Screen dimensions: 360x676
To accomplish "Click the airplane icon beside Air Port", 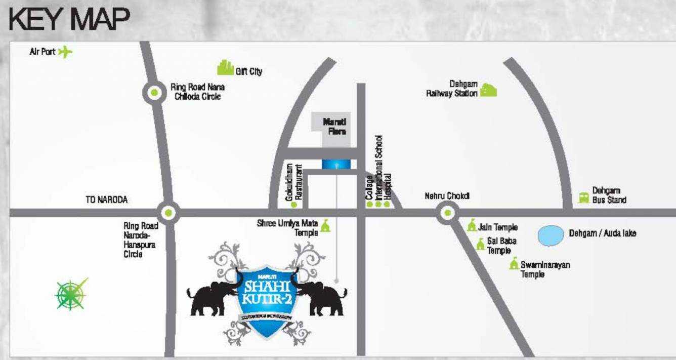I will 65,52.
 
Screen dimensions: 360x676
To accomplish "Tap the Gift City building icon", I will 225,68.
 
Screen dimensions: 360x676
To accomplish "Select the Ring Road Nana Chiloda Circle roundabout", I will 154,93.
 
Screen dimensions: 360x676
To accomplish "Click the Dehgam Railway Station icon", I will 488,90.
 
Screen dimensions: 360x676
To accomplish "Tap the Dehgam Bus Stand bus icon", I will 583,197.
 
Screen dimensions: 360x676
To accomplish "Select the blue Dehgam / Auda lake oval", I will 550,235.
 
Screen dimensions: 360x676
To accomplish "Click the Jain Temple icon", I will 472,226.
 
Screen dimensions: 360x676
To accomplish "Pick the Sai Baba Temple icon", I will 481,245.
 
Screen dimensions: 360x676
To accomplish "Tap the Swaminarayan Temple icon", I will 514,264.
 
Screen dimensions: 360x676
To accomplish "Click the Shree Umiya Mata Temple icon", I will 325,226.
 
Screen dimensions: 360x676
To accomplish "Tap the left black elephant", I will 213,298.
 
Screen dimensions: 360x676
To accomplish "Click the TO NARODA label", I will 106,200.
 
